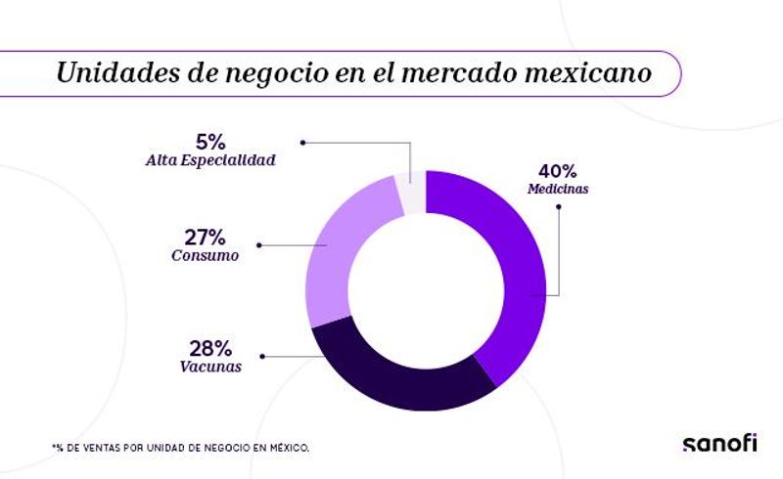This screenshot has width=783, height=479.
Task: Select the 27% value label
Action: click(205, 237)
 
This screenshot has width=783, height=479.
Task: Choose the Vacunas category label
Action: click(211, 368)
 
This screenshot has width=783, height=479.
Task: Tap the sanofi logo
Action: click(719, 443)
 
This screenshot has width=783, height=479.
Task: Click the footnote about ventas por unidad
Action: click(181, 447)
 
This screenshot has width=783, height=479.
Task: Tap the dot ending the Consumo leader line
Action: click(258, 244)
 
